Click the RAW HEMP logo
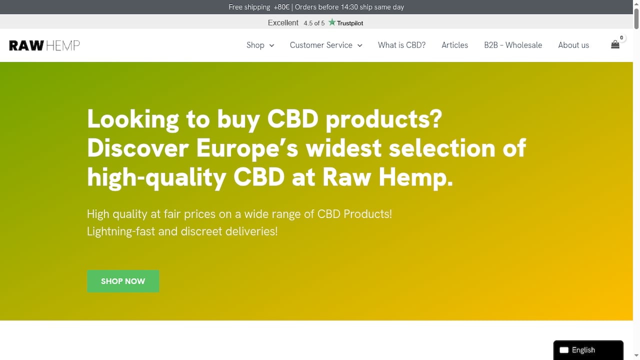44,45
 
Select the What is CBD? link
401,45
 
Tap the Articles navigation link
455,45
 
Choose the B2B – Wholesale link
513,45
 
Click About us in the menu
573,45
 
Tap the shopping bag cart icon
615,44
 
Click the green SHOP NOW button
123,281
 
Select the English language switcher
588,350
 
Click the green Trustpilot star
331,22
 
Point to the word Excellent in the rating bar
283,23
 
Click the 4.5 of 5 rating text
314,23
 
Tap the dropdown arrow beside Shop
271,45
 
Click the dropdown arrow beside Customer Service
359,45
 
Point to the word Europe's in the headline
247,148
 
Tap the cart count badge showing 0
621,37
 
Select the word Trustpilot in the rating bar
350,23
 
